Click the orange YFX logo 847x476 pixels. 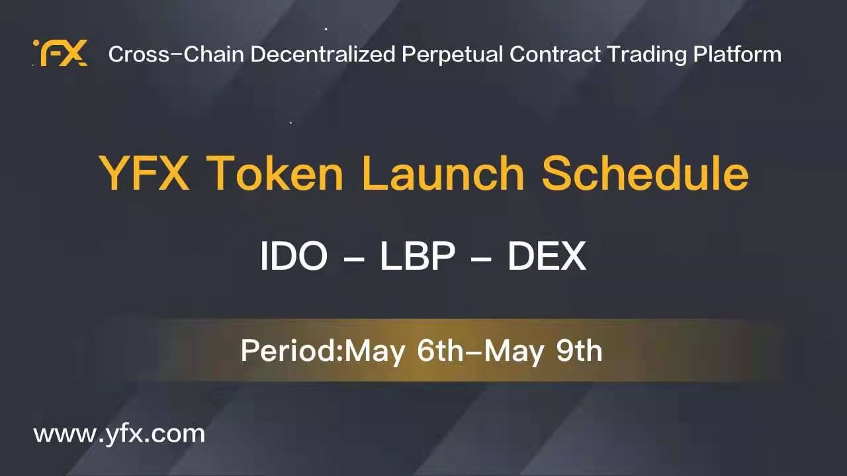tap(60, 52)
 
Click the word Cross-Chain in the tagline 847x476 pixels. tap(176, 54)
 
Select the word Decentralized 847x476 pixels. tap(323, 54)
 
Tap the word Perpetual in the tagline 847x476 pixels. tap(452, 55)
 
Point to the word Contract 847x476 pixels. tap(555, 54)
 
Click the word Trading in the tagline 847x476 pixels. tap(646, 55)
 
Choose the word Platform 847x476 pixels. tap(737, 54)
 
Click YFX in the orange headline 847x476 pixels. tap(144, 173)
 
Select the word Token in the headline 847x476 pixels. tap(275, 173)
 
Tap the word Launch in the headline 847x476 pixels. tap(443, 173)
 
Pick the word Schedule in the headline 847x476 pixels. tap(645, 173)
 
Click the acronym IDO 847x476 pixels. tap(294, 256)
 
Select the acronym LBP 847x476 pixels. tap(418, 256)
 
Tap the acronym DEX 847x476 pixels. tap(547, 256)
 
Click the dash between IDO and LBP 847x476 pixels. tap(354, 259)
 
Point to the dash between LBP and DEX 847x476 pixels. tap(481, 259)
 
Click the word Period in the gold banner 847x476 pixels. tap(289, 350)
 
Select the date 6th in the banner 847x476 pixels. tap(440, 350)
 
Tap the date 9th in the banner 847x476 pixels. tap(579, 350)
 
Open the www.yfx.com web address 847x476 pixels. tap(119, 434)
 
